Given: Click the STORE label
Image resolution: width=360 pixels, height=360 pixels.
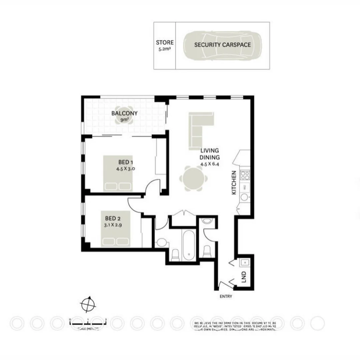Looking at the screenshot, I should tap(165, 43).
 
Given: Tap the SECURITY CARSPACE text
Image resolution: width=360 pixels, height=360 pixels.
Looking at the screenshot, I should tap(222, 45).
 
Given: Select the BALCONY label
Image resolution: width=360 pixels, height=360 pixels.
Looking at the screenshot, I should tap(124, 113).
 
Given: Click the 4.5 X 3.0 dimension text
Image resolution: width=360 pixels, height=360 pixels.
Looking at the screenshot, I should tap(125, 169).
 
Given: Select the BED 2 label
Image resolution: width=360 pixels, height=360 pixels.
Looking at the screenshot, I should tap(113, 219).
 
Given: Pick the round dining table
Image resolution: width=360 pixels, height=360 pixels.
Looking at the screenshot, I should tap(191, 179).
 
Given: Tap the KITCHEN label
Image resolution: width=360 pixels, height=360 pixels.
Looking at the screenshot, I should tap(234, 183).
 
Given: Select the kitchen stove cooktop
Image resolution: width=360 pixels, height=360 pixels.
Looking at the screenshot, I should tap(245, 175).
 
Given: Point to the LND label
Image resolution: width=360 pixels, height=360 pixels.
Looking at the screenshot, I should tap(244, 276).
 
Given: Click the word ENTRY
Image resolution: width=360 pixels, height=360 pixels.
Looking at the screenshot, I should tap(226, 296).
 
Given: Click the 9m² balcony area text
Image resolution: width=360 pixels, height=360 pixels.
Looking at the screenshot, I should tap(124, 119).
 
